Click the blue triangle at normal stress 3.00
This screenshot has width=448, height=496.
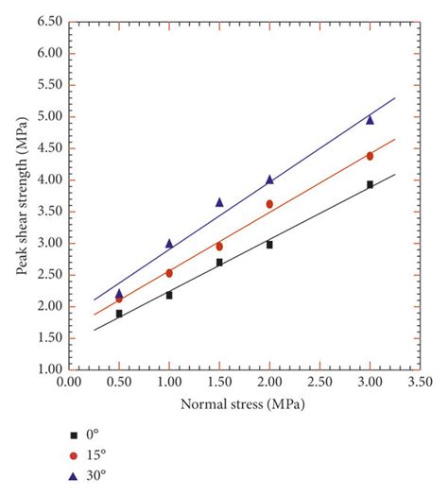(x=370, y=120)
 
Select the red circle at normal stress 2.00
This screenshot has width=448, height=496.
(x=269, y=204)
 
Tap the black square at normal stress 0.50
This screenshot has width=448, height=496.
(x=119, y=313)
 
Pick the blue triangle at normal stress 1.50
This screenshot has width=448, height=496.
(x=219, y=202)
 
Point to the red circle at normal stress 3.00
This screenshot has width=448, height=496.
(x=370, y=156)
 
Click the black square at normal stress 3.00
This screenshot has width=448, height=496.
(x=370, y=184)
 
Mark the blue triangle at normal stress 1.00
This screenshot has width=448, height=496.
(x=169, y=243)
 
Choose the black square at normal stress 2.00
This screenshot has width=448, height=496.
(x=269, y=245)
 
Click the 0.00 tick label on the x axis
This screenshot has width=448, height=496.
(x=69, y=383)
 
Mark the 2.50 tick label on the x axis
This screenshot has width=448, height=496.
(x=319, y=383)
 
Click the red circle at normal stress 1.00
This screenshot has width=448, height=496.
(x=169, y=273)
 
